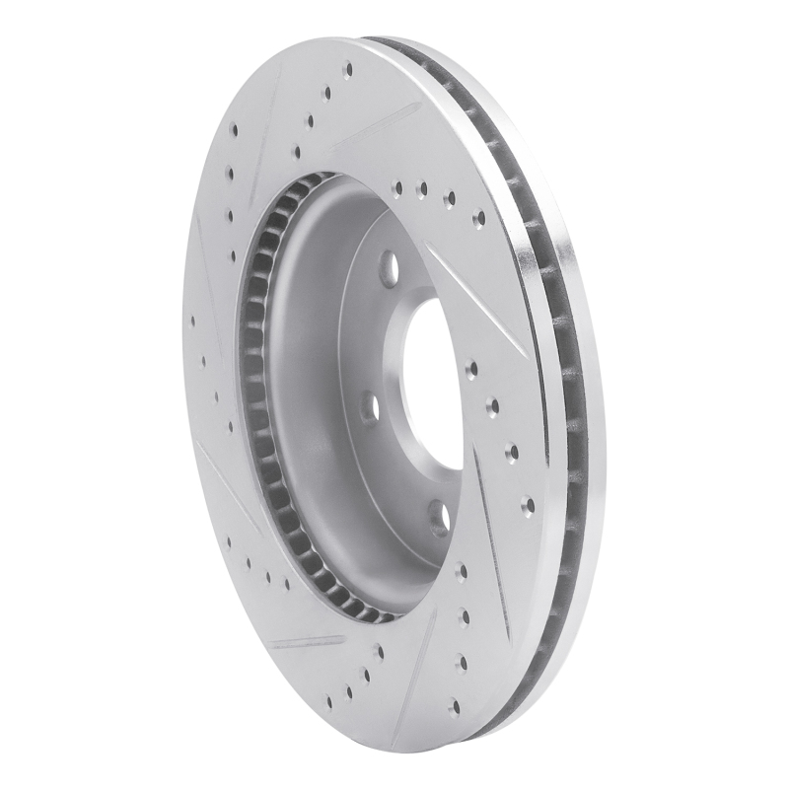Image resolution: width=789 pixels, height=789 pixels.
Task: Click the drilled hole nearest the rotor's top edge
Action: (348, 70)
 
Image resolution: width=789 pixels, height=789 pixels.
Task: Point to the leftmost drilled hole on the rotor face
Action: (189, 319)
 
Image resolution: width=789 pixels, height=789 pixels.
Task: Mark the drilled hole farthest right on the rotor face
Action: (528, 504)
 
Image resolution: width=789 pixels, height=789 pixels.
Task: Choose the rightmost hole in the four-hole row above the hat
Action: (478, 219)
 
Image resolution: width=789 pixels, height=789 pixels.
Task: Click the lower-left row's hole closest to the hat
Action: (286, 584)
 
